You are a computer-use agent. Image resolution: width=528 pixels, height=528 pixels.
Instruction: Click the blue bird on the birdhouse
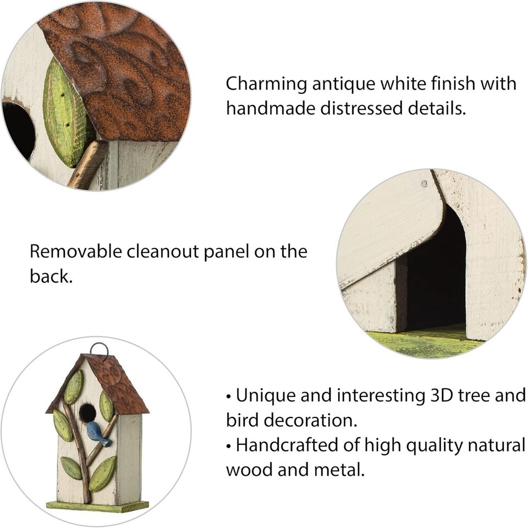98,435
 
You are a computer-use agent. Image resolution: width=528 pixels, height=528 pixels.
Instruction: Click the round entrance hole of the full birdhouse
87,412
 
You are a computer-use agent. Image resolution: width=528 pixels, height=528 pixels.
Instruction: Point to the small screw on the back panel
424,184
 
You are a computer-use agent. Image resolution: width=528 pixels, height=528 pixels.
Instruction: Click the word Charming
266,85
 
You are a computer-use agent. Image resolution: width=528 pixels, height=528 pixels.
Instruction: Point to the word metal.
339,469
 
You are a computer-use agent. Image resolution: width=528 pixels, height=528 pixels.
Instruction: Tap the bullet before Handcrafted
229,447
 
